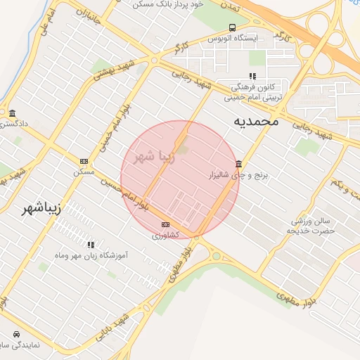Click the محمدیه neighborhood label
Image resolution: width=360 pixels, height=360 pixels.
[x=257, y=121]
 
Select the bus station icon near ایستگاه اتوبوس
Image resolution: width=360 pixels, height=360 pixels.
[x=233, y=27]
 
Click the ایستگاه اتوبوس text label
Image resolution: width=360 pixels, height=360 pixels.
[x=256, y=37]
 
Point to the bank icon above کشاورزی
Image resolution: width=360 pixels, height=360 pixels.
[x=166, y=224]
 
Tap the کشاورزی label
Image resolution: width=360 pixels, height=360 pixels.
[x=166, y=235]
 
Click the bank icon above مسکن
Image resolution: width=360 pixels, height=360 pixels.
[x=84, y=161]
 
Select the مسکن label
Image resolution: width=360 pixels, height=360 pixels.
[x=84, y=172]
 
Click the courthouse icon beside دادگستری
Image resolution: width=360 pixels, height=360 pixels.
[x=12, y=113]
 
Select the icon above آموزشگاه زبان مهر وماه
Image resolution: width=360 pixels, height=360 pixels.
[x=91, y=245]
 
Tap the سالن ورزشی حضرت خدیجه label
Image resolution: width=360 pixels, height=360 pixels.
[x=314, y=226]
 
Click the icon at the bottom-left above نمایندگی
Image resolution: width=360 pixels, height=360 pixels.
[x=15, y=334]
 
